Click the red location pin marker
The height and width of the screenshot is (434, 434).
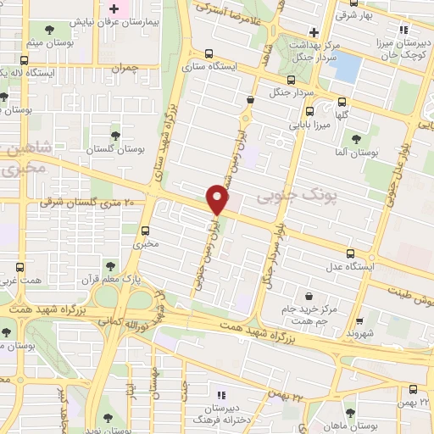(217, 199)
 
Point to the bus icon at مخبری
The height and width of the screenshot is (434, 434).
(146, 230)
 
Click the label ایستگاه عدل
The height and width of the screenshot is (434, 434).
(347, 266)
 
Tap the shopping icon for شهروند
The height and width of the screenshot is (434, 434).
(360, 322)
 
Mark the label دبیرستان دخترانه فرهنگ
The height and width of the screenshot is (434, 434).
(223, 410)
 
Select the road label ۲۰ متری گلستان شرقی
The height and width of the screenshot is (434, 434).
(88, 202)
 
